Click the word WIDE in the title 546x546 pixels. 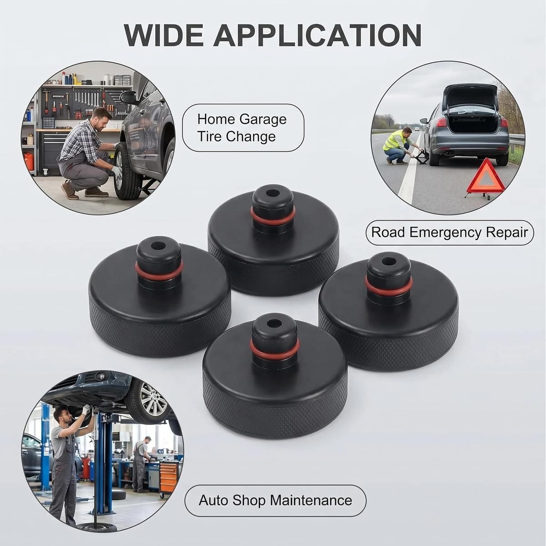[x=164, y=35]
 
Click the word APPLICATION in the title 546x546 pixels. [x=317, y=35]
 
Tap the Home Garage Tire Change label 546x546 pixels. [x=243, y=127]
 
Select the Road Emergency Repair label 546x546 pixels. [x=450, y=233]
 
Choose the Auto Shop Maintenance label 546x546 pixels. [x=275, y=500]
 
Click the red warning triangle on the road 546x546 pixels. [x=485, y=178]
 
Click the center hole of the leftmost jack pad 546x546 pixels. [x=158, y=245]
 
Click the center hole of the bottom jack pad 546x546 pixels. [x=274, y=323]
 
